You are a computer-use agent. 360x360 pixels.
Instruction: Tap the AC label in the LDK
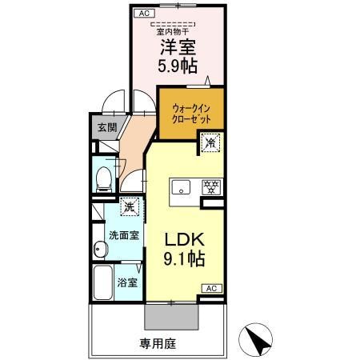211,288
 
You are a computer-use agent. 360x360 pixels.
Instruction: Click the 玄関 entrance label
106,127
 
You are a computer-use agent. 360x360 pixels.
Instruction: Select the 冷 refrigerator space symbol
210,144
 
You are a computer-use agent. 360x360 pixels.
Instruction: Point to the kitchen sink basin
182,189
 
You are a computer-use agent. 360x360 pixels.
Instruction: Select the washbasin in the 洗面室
99,250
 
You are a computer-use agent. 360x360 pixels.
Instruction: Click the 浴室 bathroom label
127,282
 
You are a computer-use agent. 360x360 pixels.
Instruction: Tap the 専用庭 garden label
157,344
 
